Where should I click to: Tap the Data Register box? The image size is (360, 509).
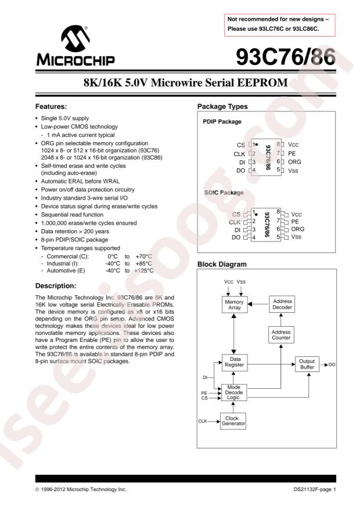click(234, 363)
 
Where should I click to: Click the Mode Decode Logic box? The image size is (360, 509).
click(234, 393)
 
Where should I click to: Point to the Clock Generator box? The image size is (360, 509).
click(234, 420)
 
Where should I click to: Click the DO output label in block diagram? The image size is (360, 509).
click(332, 364)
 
